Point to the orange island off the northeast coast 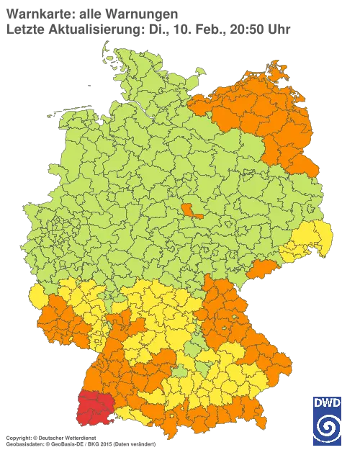[276, 72]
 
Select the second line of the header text [148, 29]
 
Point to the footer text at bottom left [79, 438]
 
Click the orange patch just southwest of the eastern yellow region [261, 269]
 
